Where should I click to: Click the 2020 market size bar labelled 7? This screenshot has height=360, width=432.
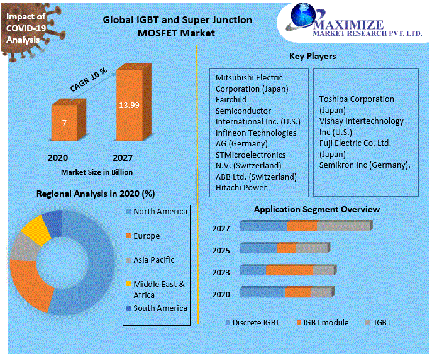point(64,123)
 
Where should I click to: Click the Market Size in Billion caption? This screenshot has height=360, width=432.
point(97,172)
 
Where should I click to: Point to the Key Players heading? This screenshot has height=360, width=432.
point(313,57)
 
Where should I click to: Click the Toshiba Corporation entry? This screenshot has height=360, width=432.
point(357,99)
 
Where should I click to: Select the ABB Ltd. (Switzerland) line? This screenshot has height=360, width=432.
point(256,177)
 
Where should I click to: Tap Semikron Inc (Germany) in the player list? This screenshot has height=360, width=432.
point(365,165)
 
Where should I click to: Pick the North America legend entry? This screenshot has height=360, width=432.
point(160,212)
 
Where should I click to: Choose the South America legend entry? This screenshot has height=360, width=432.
point(160,308)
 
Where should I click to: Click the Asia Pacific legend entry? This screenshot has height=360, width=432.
point(153,259)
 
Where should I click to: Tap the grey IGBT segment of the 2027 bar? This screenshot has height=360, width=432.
point(343,226)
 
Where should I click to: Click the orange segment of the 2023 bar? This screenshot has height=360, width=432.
point(289,270)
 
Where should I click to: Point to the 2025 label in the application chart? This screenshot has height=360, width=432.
point(221,250)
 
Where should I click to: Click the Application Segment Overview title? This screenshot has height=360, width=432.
point(316,209)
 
